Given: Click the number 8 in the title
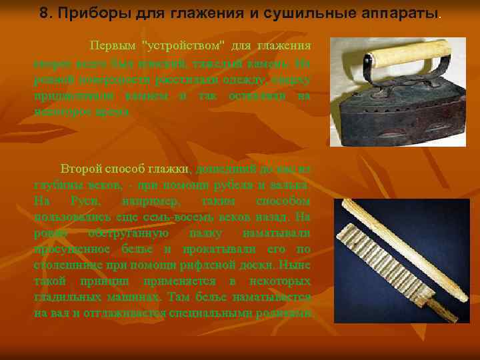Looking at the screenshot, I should tap(44, 14).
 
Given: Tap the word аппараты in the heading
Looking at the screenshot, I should tap(395, 14).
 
